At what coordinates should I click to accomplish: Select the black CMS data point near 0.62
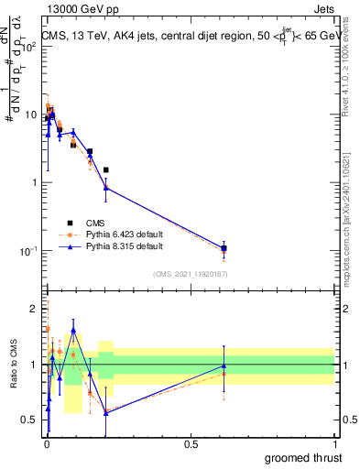(x=224, y=248)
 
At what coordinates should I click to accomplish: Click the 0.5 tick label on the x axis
(x=191, y=443)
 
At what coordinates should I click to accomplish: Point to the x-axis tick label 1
(x=334, y=443)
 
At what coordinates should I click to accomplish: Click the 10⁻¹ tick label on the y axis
(x=29, y=251)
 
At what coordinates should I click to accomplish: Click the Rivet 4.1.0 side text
(x=352, y=64)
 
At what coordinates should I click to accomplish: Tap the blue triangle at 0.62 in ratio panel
(x=224, y=365)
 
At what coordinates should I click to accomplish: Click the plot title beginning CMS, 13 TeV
(x=188, y=36)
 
